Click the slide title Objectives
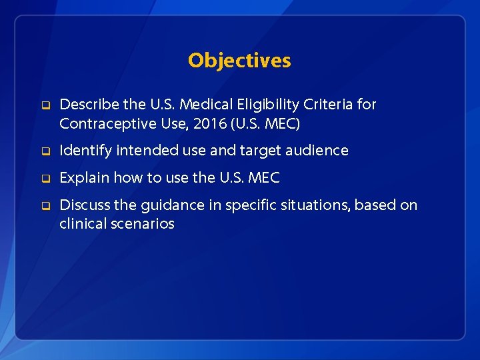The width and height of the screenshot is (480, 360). (239, 61)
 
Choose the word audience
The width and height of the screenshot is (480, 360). (317, 151)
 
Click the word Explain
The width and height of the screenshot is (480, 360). (85, 178)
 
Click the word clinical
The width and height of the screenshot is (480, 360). (81, 224)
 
